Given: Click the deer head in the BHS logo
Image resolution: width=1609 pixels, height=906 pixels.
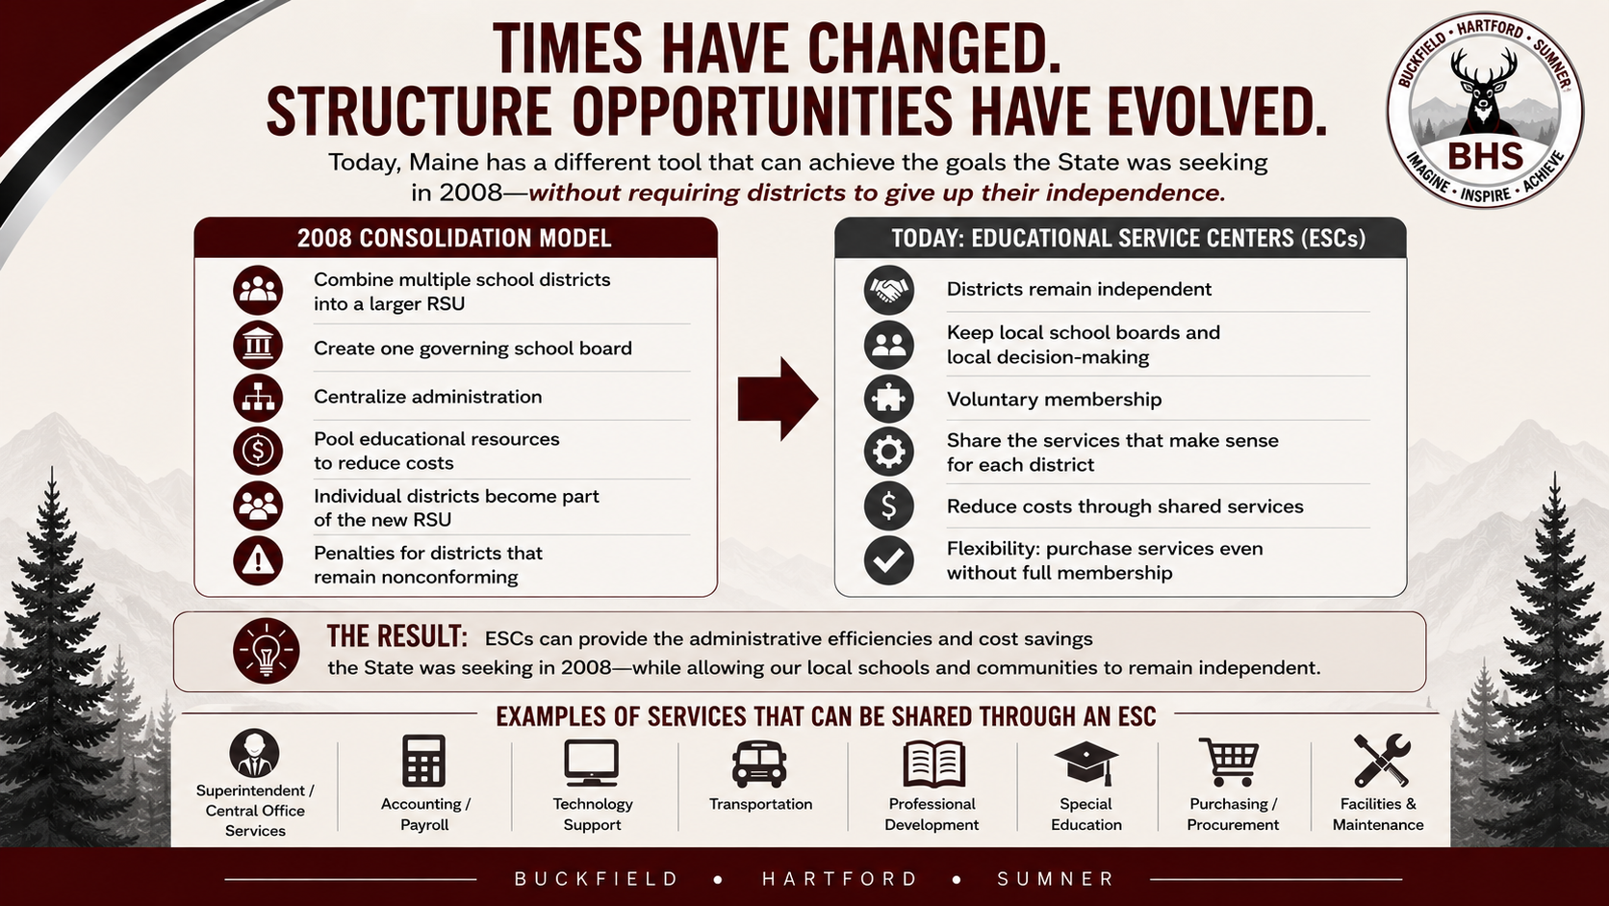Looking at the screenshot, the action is click(x=1484, y=90).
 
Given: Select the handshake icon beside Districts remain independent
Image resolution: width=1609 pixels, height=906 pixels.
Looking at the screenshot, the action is click(x=888, y=290).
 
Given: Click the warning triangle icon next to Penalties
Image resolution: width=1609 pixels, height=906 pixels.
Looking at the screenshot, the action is click(x=258, y=560).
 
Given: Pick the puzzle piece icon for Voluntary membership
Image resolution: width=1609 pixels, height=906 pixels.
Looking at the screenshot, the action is click(x=888, y=399).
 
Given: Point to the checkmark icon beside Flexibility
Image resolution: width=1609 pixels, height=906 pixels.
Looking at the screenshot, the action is click(x=888, y=560).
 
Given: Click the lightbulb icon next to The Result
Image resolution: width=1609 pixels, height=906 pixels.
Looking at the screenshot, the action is click(x=266, y=650).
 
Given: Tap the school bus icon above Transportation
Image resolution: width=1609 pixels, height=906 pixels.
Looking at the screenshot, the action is click(x=759, y=764).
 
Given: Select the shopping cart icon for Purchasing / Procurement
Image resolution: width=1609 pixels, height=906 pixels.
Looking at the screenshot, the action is click(x=1229, y=762).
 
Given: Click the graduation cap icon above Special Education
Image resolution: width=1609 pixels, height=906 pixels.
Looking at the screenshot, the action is click(x=1086, y=763).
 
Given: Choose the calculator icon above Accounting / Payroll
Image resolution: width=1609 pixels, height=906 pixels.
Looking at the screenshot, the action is click(x=423, y=761).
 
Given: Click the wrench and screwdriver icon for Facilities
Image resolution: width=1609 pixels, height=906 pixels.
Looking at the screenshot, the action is click(x=1381, y=761).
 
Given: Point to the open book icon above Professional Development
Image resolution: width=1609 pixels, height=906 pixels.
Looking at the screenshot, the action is click(x=933, y=763).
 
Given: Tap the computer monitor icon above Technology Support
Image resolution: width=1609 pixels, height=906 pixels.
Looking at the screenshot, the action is click(x=591, y=763).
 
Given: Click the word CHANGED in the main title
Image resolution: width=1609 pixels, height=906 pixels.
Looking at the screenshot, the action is click(x=934, y=49).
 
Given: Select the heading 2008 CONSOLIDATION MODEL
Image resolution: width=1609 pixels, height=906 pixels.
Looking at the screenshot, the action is click(x=454, y=239).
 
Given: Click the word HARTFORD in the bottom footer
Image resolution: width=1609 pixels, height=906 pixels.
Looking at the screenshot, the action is click(x=840, y=879).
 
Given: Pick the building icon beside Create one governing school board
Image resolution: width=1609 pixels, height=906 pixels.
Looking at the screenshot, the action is click(x=258, y=346).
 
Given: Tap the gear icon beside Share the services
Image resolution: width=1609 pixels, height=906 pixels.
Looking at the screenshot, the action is click(x=888, y=452).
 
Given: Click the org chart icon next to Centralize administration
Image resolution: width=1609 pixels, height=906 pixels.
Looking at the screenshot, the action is click(x=258, y=398).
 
